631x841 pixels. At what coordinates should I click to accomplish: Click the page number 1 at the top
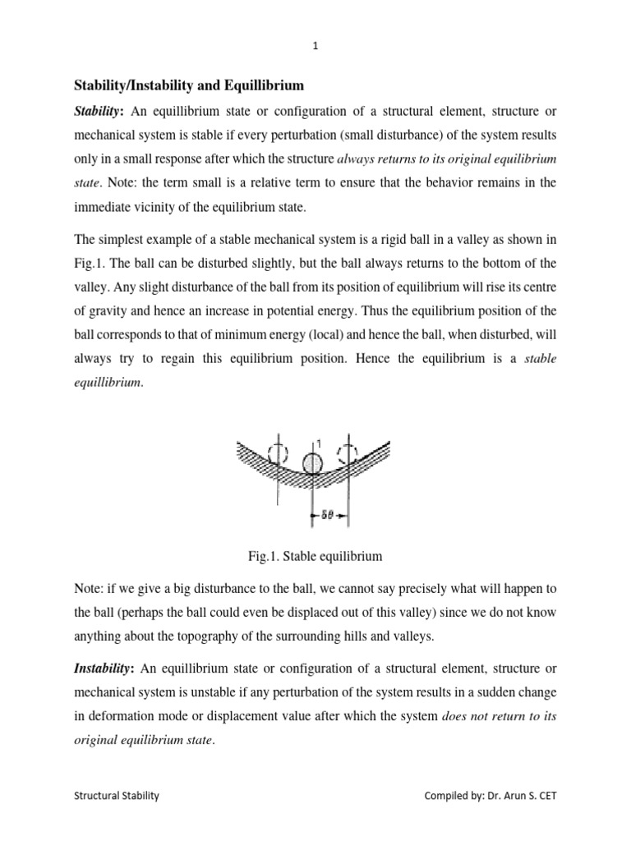(315, 47)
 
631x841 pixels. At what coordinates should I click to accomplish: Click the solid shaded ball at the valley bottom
(313, 466)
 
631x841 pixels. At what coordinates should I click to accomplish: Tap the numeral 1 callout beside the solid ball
(319, 444)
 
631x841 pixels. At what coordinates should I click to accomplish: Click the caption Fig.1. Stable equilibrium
(315, 557)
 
